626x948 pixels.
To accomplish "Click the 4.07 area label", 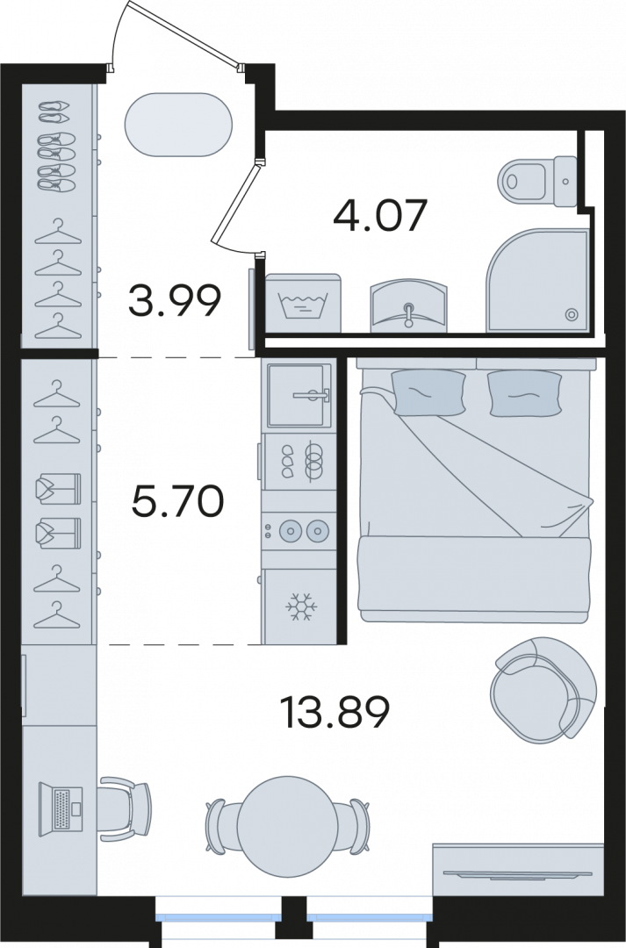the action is click(x=380, y=215).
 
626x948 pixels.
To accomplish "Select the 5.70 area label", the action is click(x=178, y=501).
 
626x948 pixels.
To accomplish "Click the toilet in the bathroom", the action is click(x=537, y=181).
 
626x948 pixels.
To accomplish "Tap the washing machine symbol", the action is click(x=303, y=303).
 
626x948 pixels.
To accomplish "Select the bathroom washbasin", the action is click(x=409, y=306).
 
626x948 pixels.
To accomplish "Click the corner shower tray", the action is click(x=537, y=281).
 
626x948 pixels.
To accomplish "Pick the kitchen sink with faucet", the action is click(x=300, y=395).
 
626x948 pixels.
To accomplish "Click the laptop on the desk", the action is click(x=61, y=809).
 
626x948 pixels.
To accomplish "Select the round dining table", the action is click(x=287, y=824).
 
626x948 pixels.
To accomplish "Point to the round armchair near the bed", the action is click(x=543, y=689).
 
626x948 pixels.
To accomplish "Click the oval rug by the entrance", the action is click(x=178, y=125).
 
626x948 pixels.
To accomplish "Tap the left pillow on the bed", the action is click(x=428, y=392).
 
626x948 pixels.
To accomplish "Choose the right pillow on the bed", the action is click(x=525, y=393).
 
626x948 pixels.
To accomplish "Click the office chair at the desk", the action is click(x=125, y=809).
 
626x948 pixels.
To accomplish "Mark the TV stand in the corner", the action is click(x=518, y=872).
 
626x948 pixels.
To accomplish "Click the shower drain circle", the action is click(x=571, y=314).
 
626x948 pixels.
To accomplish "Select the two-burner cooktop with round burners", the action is click(x=299, y=531).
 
